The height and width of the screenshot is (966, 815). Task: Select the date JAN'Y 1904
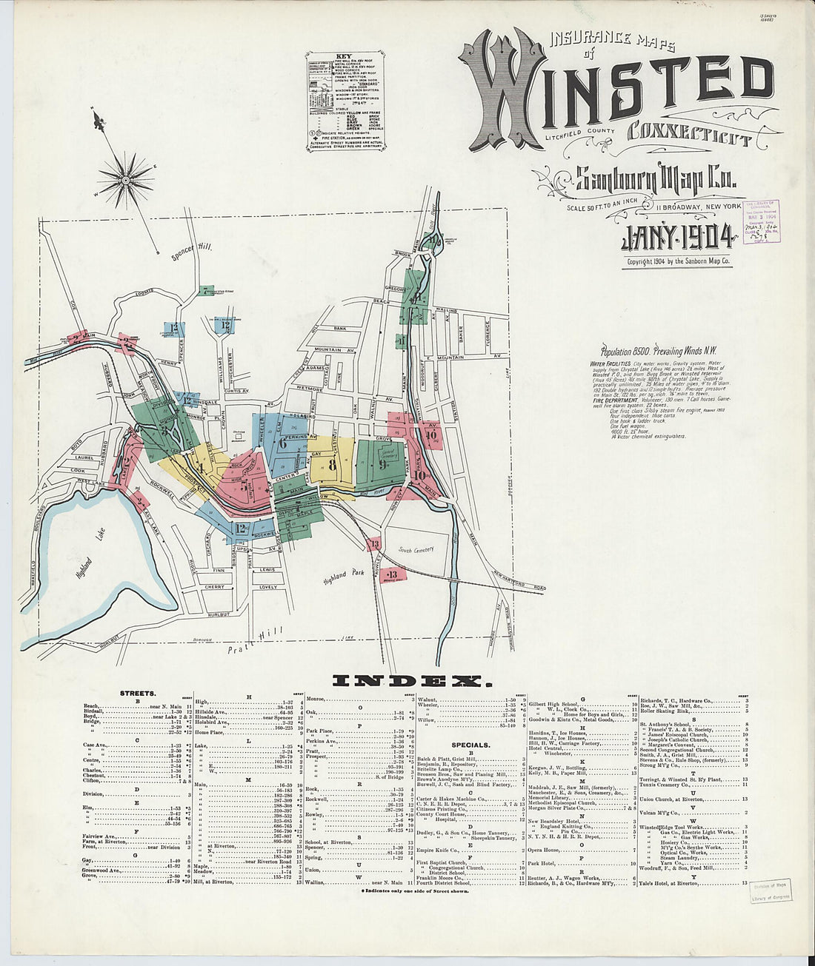pyautogui.click(x=676, y=238)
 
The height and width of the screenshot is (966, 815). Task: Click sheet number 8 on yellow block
pyautogui.click(x=332, y=466)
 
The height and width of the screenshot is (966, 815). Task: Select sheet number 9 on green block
pyautogui.click(x=382, y=465)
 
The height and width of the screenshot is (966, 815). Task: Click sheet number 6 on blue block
pyautogui.click(x=282, y=444)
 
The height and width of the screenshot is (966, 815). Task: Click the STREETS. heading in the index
pyautogui.click(x=137, y=694)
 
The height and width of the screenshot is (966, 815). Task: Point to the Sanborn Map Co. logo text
pyautogui.click(x=656, y=180)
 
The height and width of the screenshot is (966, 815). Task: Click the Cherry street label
pyautogui.click(x=214, y=586)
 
